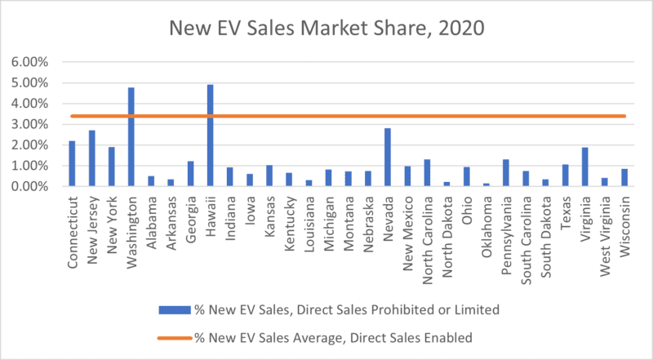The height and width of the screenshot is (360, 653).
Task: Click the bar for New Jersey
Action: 91,158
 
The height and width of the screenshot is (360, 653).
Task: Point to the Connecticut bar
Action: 72,164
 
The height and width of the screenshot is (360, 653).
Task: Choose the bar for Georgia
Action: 191,174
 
